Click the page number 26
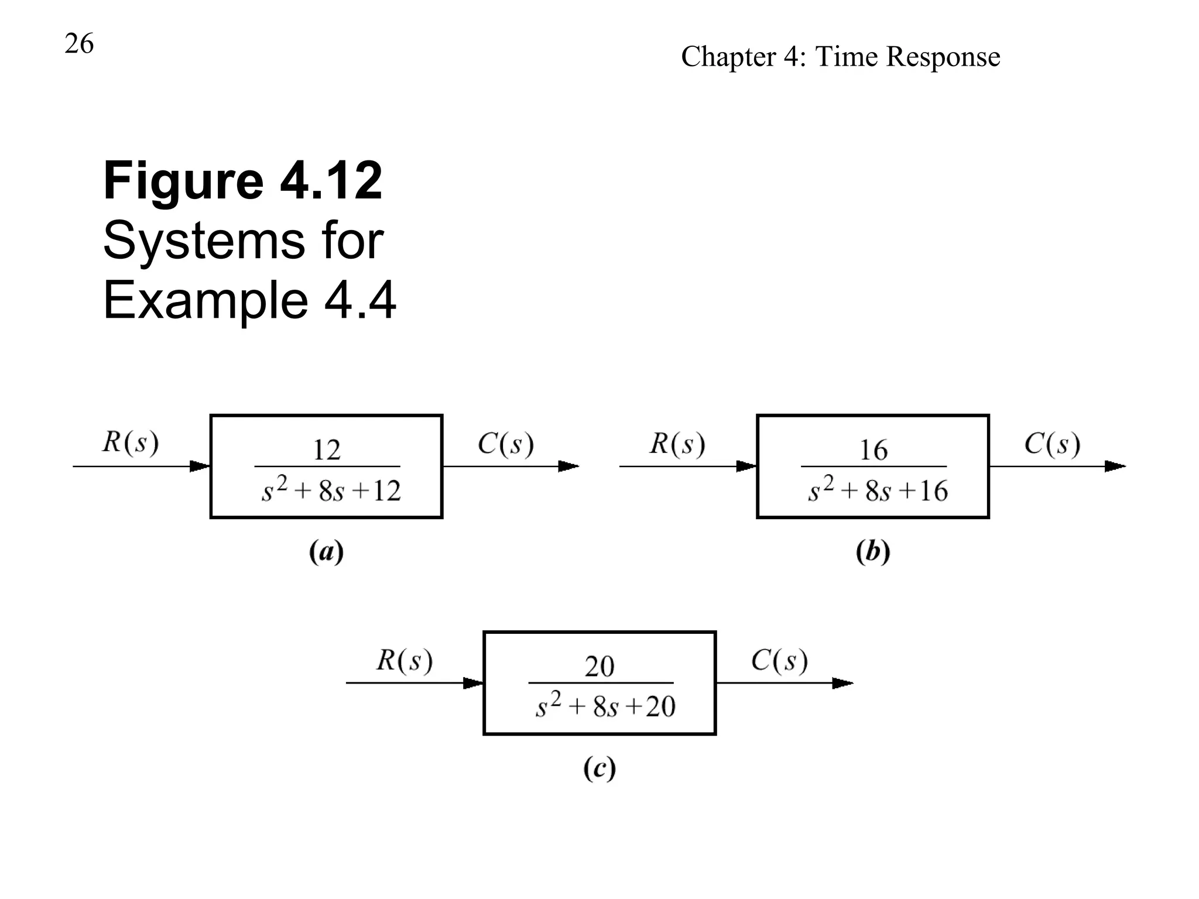point(79,44)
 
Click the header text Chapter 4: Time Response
point(840,57)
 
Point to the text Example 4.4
point(249,300)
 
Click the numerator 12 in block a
point(326,450)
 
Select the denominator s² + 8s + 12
point(331,490)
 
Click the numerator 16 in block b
point(873,450)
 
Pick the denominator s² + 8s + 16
point(878,490)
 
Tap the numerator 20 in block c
point(599,667)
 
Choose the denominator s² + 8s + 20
point(605,706)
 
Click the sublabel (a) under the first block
point(326,552)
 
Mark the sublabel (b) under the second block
point(873,552)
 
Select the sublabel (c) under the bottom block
point(599,768)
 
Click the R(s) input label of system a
point(130,442)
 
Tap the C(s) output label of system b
point(1051,444)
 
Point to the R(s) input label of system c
point(404,660)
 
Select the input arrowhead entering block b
point(746,466)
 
